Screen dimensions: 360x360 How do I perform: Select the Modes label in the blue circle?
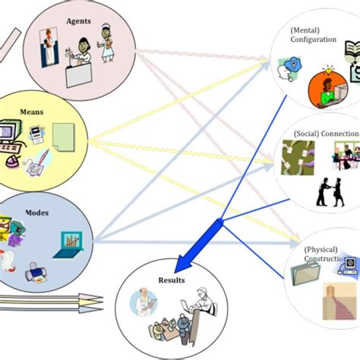(38, 213)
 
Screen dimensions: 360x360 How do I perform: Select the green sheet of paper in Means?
(62, 136)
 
